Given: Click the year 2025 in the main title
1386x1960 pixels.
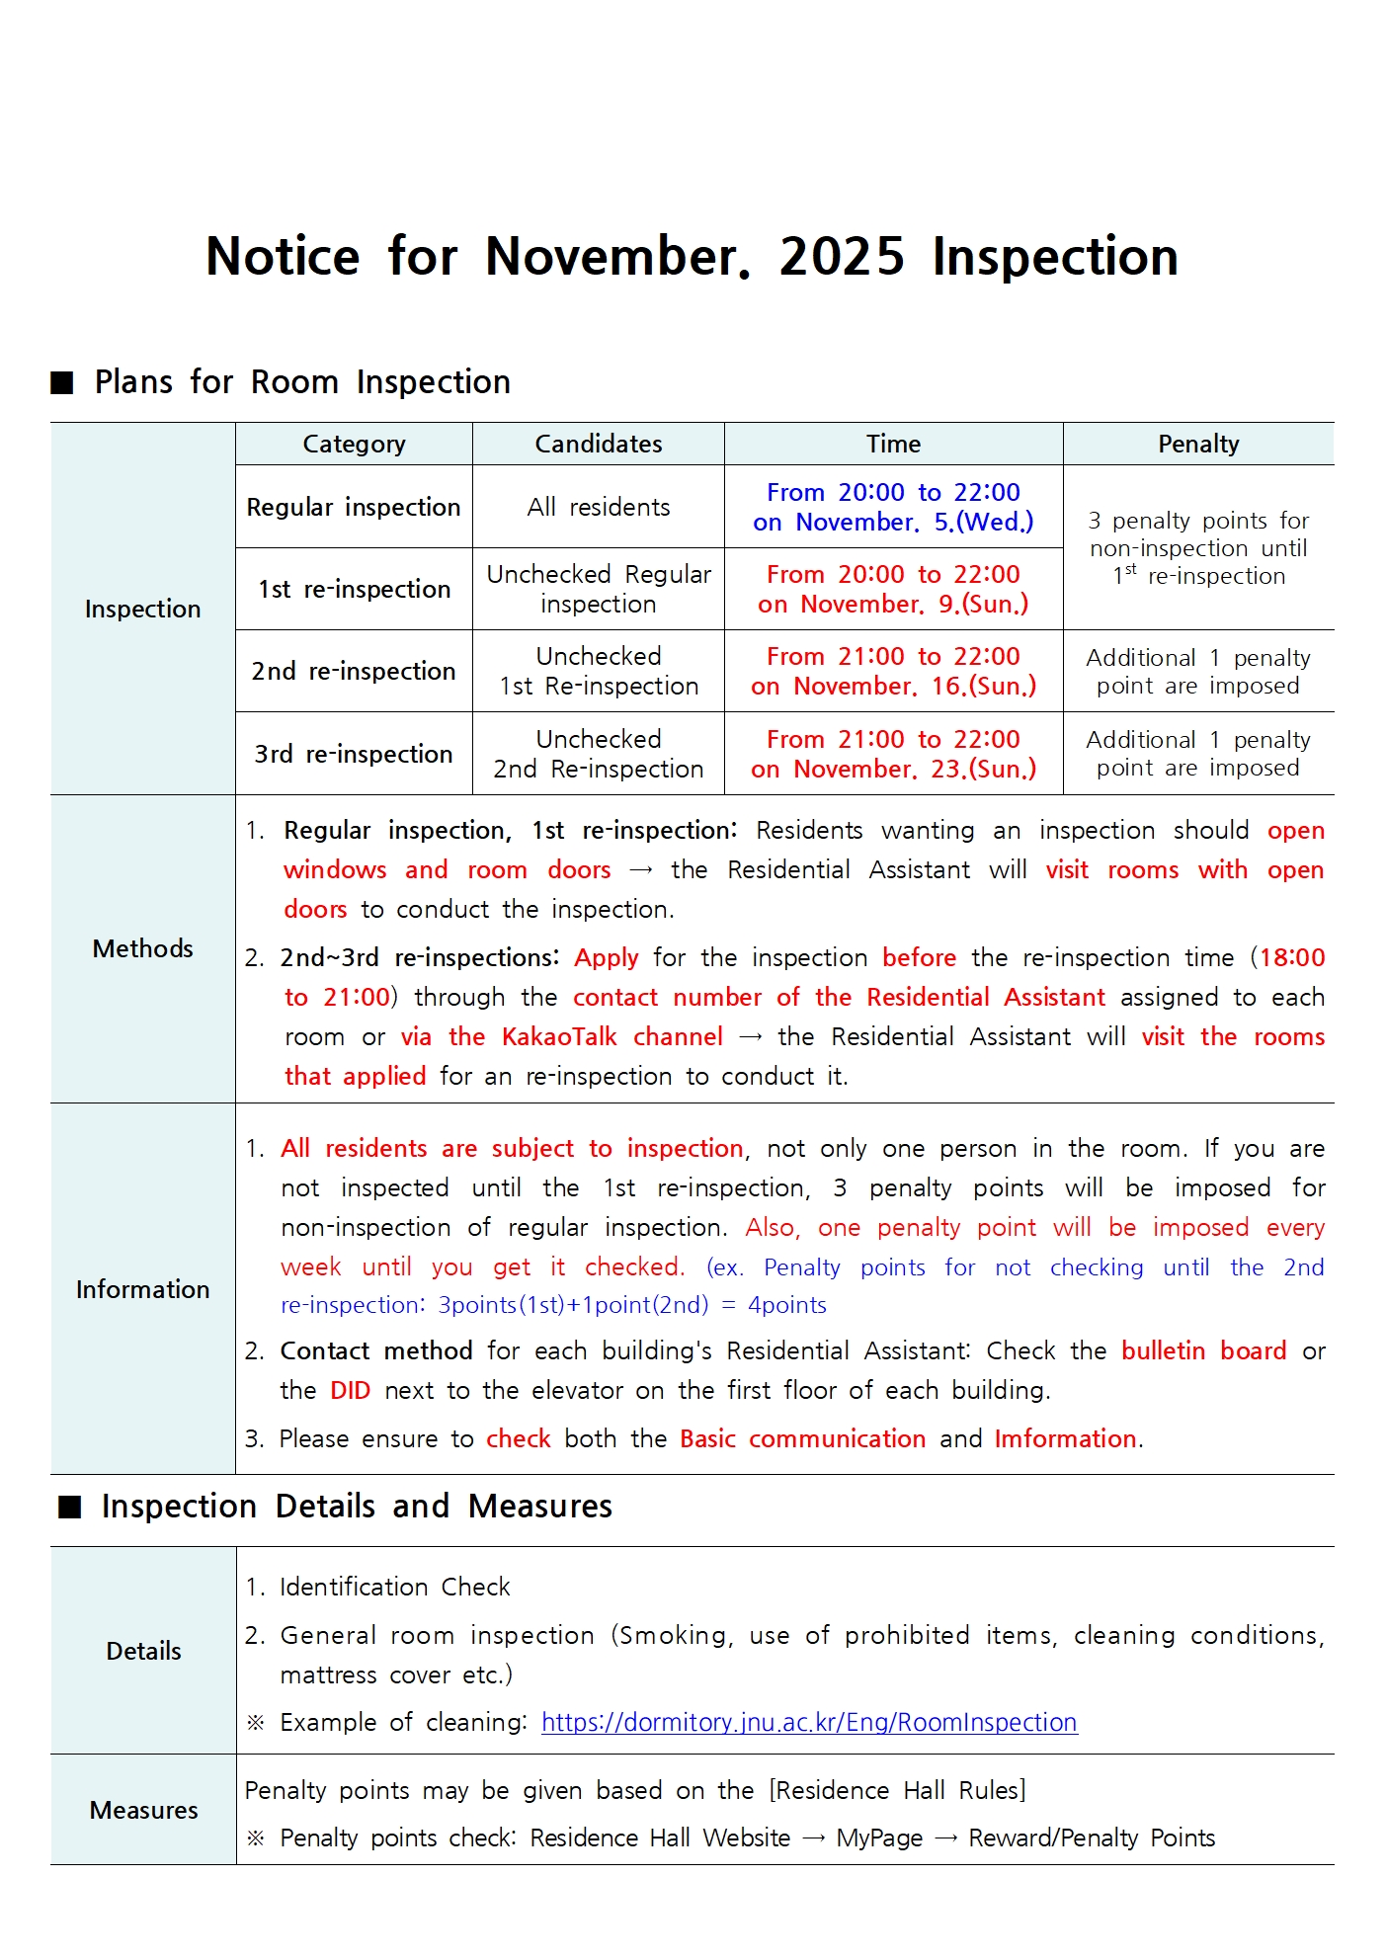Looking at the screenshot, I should pos(841,257).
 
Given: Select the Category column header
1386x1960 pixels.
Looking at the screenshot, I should pos(354,445).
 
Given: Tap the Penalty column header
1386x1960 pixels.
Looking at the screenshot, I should pos(1197,445).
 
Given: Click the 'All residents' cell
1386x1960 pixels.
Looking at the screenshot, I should pos(598,508).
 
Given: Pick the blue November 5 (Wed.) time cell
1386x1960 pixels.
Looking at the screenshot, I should pos(893,507).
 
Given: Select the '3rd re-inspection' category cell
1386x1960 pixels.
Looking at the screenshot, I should pos(354,755).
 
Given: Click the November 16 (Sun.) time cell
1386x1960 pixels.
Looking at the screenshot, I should pos(893,672).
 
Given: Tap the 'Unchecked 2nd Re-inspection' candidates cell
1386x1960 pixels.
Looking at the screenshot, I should pos(598,755).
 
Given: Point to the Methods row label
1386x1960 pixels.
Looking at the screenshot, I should pos(142,949).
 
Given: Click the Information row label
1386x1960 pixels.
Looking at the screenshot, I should pos(142,1289).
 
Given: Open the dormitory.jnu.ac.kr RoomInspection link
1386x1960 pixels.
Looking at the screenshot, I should pos(808,1723).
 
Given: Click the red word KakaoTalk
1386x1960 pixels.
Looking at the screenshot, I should pos(559,1037).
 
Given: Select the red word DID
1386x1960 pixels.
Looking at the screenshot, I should pos(350,1391).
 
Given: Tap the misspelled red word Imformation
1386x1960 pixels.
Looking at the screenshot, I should pos(1065,1439).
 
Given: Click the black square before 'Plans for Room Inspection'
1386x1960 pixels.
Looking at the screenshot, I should pos(62,383).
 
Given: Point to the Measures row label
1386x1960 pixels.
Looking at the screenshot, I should pos(143,1811).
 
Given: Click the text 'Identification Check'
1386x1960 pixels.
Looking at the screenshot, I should pos(394,1588).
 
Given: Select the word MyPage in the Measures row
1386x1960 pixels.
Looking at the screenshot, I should pos(878,1838).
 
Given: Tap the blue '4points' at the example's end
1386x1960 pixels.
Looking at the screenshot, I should pos(786,1306).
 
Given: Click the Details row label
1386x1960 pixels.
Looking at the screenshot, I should pos(143,1652).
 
